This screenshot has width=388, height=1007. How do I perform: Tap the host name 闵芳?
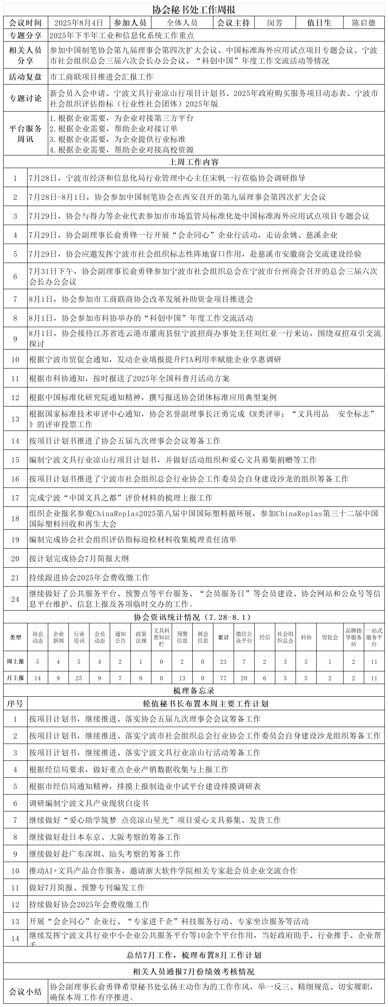pyautogui.click(x=275, y=23)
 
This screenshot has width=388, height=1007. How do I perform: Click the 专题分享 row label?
pyautogui.click(x=25, y=35)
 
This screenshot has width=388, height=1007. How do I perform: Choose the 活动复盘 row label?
pyautogui.click(x=25, y=77)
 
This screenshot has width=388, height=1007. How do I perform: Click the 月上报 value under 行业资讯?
pyautogui.click(x=79, y=678)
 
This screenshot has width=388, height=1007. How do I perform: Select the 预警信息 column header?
pyautogui.click(x=182, y=637)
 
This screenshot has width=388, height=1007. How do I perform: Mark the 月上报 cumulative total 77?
pyautogui.click(x=223, y=678)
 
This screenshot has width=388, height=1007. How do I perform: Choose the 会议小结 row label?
pyautogui.click(x=25, y=992)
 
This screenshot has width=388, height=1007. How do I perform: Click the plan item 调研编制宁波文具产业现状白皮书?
pyautogui.click(x=89, y=803)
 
